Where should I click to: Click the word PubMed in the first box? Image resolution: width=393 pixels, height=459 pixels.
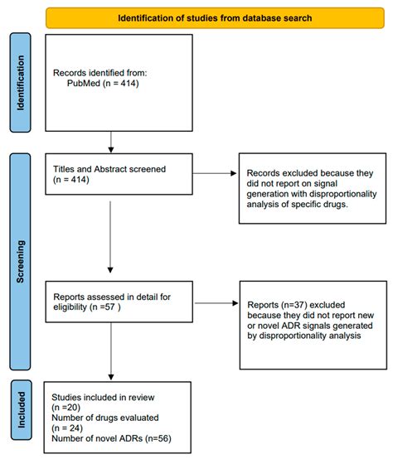(x=83, y=84)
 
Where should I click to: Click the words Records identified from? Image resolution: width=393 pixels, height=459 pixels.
(x=95, y=73)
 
